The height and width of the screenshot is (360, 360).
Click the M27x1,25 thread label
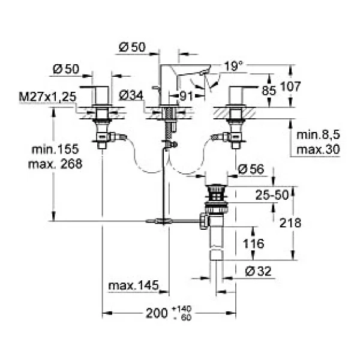[x=47, y=97]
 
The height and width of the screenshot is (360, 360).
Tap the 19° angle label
[x=233, y=66]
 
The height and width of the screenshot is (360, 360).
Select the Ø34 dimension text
[x=131, y=95]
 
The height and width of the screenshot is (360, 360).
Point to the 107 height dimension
[x=290, y=86]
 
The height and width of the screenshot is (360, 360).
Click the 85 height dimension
[x=269, y=91]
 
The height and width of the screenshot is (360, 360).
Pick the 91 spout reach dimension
[x=186, y=96]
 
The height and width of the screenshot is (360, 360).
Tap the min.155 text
[x=55, y=149]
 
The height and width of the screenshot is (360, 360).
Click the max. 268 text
[x=55, y=164]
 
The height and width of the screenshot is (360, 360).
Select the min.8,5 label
[x=318, y=135]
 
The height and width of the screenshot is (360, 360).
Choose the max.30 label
[x=318, y=149]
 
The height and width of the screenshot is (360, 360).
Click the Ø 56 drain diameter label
[x=251, y=169]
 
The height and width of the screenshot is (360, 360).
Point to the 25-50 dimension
[x=272, y=195]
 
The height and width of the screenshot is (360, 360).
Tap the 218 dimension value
[x=290, y=223]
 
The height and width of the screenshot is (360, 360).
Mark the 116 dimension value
[x=253, y=244]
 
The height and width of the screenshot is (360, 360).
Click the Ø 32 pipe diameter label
[x=258, y=271]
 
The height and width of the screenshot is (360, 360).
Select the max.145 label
[x=133, y=286]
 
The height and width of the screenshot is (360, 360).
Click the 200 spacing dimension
[x=157, y=313]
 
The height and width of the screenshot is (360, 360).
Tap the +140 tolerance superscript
[x=181, y=308]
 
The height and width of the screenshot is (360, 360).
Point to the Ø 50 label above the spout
[x=132, y=47]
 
